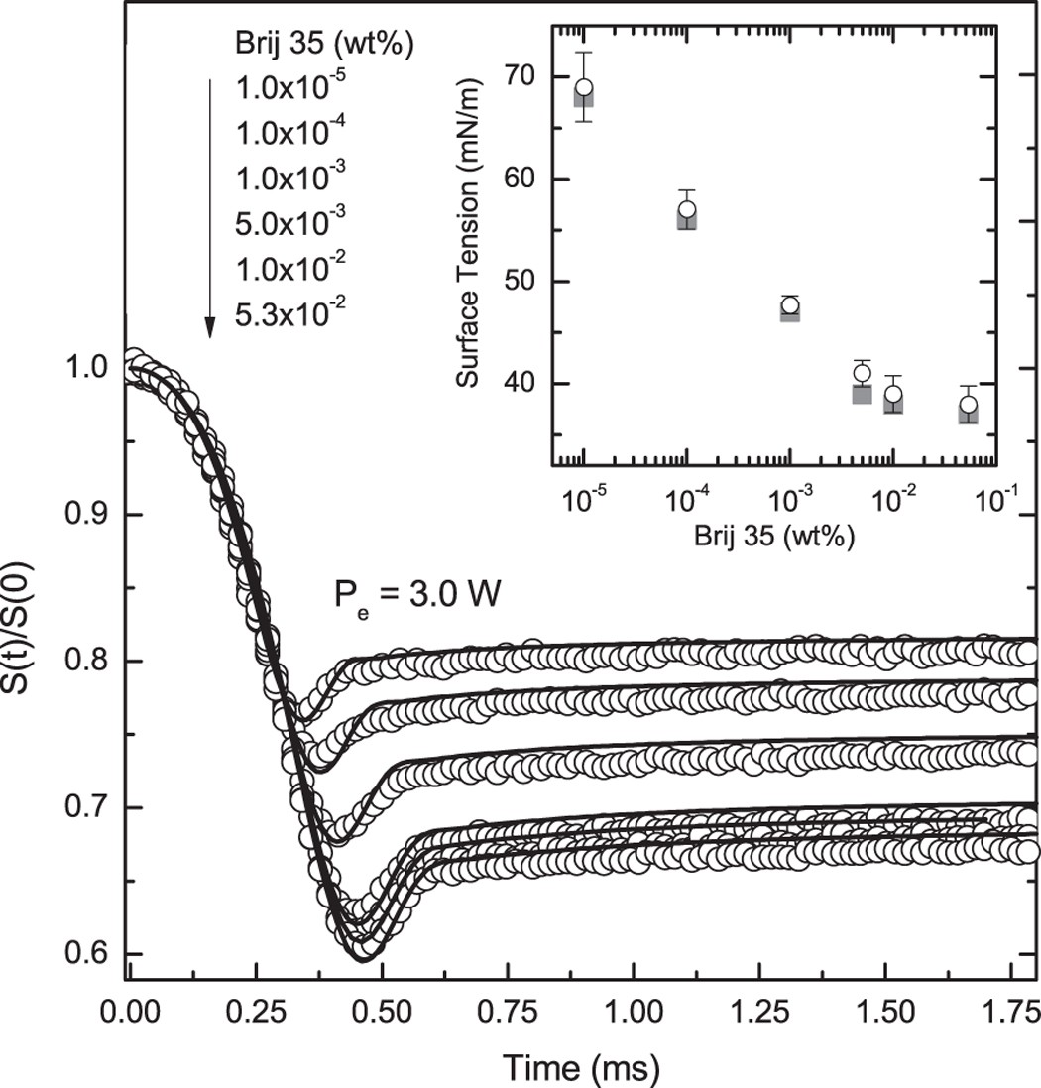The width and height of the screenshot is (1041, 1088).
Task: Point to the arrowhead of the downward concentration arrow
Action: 210,328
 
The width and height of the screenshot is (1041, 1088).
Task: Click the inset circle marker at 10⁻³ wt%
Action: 789,305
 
